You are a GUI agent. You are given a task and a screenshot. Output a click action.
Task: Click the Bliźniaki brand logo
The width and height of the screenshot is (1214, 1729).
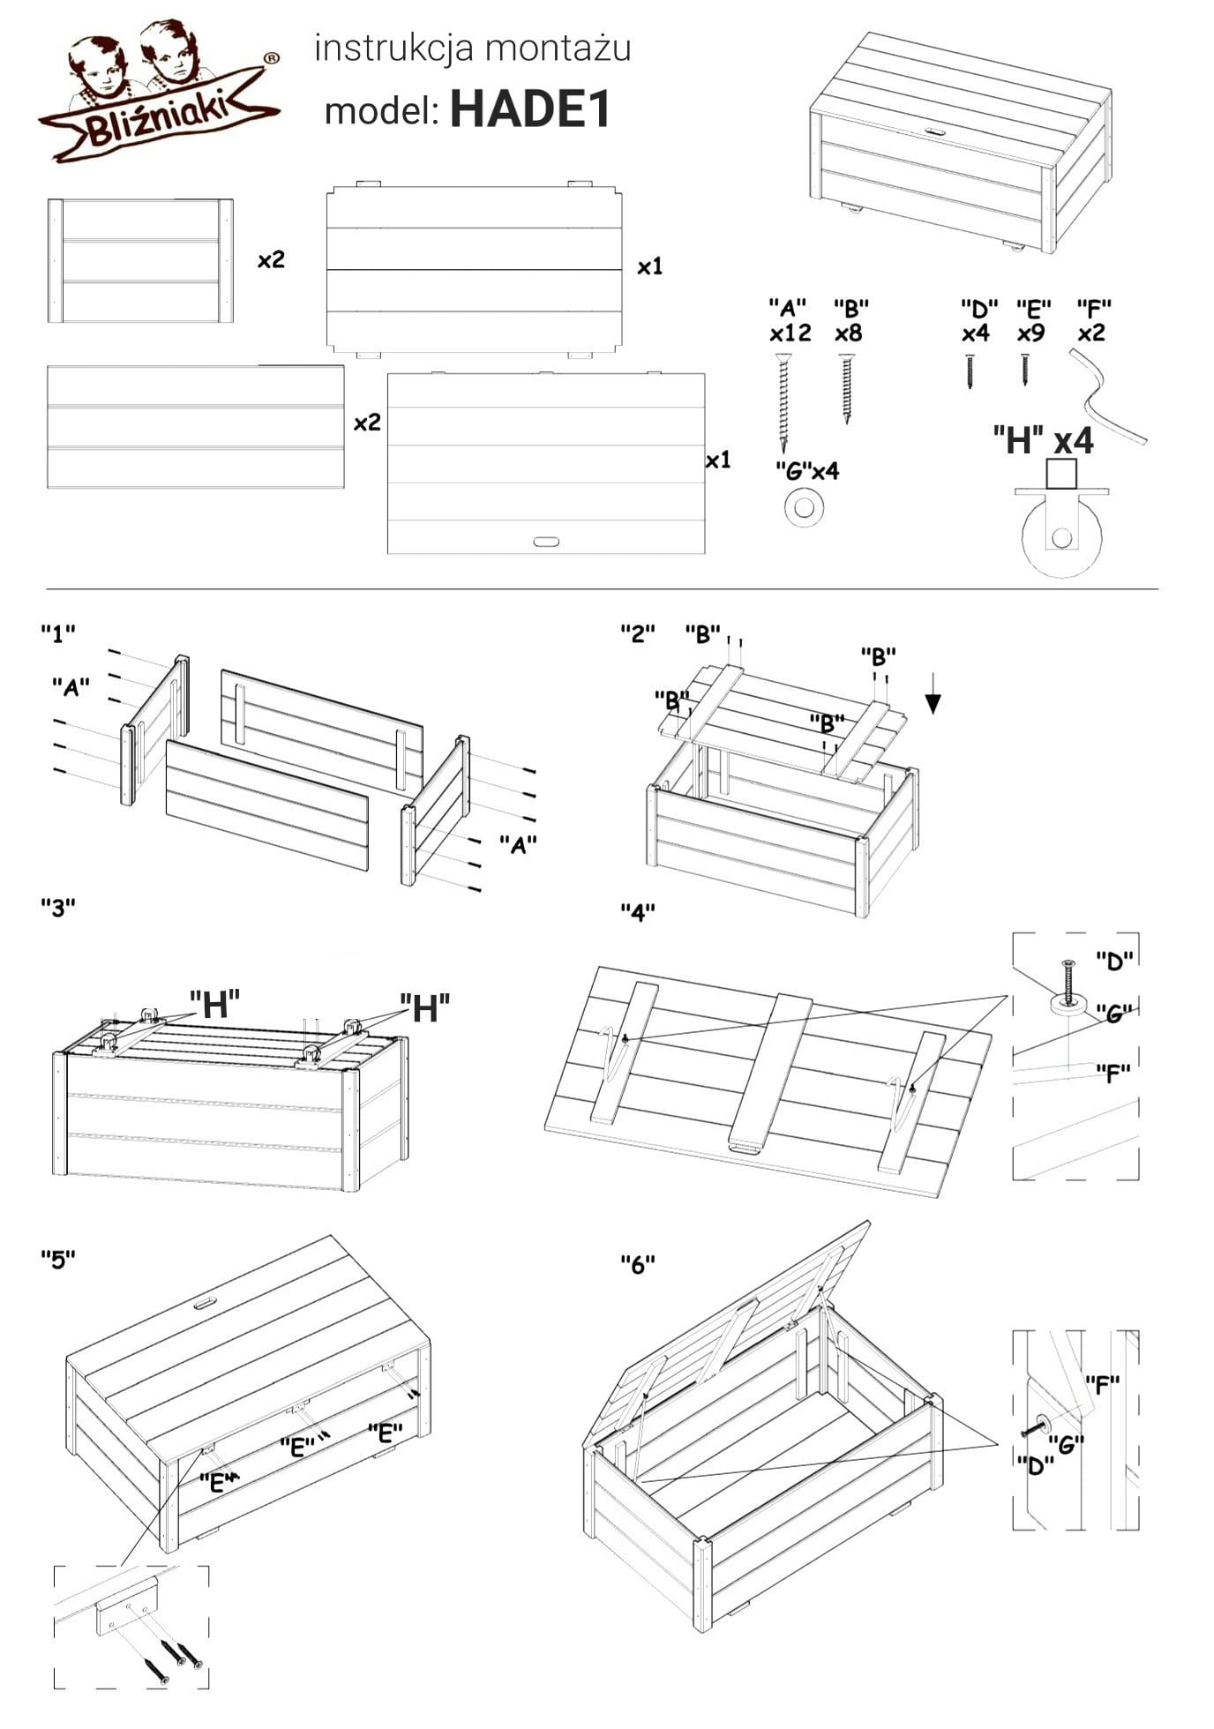[x=159, y=97]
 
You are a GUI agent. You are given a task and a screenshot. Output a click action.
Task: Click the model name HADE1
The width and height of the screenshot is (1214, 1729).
[x=530, y=111]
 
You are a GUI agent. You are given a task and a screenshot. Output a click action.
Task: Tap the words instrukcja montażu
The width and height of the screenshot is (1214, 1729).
[x=473, y=49]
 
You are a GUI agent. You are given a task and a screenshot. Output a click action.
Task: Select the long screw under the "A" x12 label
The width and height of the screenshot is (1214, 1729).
[x=783, y=401]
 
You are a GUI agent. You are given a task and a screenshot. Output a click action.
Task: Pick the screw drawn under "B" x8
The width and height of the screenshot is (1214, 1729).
[x=848, y=388]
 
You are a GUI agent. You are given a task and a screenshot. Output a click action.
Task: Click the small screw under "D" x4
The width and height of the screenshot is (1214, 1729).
[x=970, y=371]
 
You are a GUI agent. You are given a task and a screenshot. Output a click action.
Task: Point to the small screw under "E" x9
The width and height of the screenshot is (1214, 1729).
[x=1025, y=370]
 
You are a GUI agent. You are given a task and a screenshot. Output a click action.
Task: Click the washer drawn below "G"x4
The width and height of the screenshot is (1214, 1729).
[x=804, y=507]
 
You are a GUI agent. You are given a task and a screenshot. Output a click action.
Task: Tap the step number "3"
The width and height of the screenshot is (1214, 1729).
[x=58, y=907]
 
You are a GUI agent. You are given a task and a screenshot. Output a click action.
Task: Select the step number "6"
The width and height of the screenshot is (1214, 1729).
[x=638, y=1264]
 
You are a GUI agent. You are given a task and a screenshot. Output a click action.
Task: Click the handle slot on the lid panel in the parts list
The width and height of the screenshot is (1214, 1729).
[x=546, y=541]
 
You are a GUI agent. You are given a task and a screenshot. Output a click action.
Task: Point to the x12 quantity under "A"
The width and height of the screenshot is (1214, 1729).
[x=790, y=333]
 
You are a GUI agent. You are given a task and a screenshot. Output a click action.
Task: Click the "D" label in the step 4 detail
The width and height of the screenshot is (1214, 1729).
[x=1114, y=960]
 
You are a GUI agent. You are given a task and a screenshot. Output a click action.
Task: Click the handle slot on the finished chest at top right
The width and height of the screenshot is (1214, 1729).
[x=934, y=131]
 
